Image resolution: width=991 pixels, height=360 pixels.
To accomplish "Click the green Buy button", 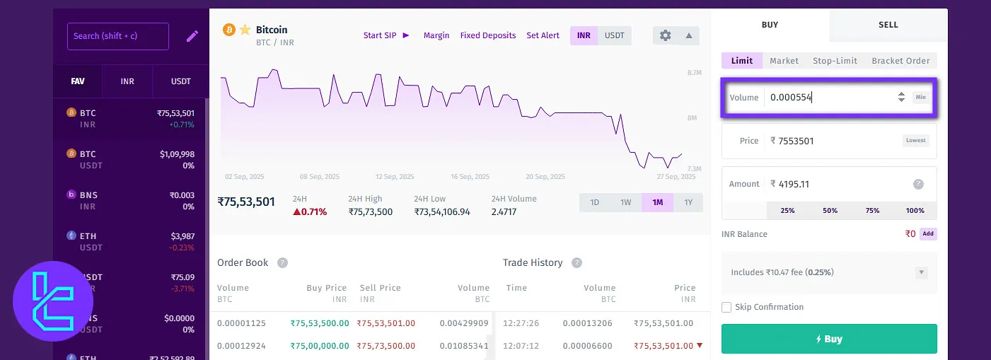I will pyautogui.click(x=829, y=339).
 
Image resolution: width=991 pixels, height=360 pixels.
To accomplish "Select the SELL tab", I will pyautogui.click(x=888, y=25).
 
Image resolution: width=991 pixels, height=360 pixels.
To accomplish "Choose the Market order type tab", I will pyautogui.click(x=784, y=61).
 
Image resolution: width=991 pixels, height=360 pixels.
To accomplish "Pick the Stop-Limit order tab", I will pyautogui.click(x=835, y=61).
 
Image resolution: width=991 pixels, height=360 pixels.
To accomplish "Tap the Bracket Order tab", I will pyautogui.click(x=900, y=61).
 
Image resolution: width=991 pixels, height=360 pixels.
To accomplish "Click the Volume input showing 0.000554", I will pyautogui.click(x=828, y=98).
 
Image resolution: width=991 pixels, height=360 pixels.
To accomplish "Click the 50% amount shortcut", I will pyautogui.click(x=830, y=211).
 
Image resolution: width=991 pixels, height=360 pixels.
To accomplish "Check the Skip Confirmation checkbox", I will pyautogui.click(x=726, y=307).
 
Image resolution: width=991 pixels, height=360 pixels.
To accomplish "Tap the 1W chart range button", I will pyautogui.click(x=626, y=202).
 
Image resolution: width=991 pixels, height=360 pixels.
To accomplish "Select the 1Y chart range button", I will pyautogui.click(x=688, y=202).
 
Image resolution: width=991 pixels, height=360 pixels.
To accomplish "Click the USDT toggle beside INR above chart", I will pyautogui.click(x=614, y=35).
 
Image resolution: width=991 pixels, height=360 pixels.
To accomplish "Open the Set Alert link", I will pyautogui.click(x=543, y=35).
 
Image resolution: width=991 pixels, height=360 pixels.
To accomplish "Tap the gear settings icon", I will pyautogui.click(x=665, y=35).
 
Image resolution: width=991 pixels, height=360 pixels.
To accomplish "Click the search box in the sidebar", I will pyautogui.click(x=117, y=36).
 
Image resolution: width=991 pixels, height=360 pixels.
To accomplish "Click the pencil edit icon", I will pyautogui.click(x=192, y=36).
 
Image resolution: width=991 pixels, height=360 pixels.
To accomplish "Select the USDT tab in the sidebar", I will pyautogui.click(x=181, y=81).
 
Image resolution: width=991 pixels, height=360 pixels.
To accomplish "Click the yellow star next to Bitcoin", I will pyautogui.click(x=245, y=30).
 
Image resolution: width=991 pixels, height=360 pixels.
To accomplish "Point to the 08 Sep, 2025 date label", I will pyautogui.click(x=320, y=177).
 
